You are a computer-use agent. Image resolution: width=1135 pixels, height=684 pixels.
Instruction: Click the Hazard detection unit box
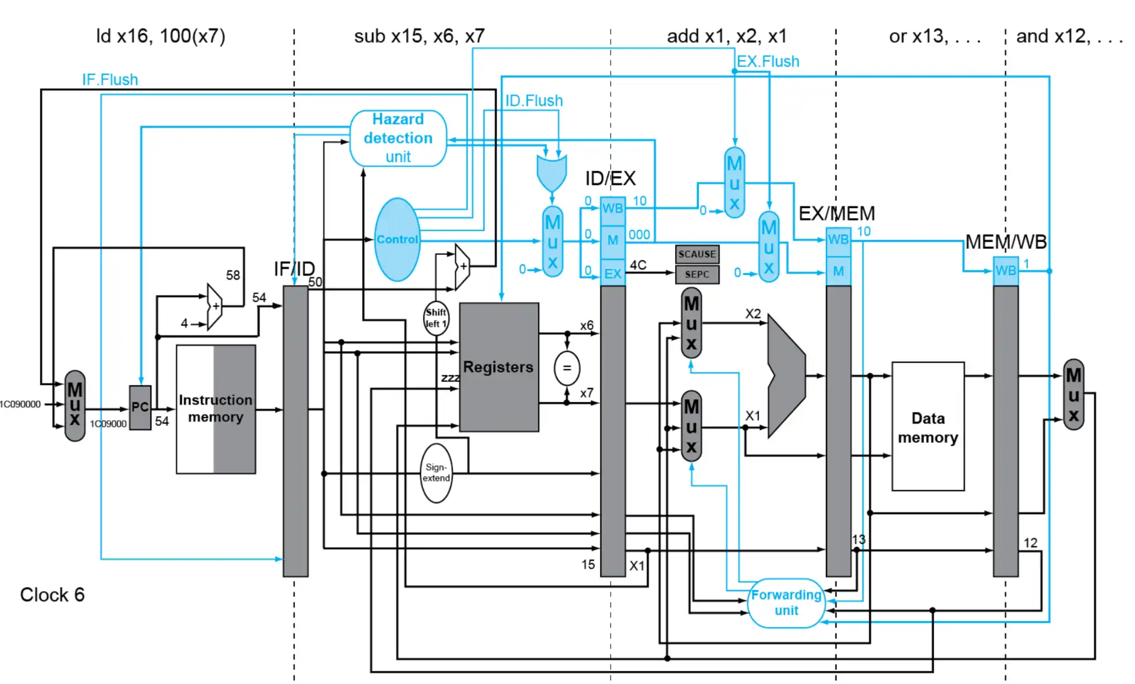[398, 138]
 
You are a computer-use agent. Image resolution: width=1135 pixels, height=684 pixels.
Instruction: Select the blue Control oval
[397, 239]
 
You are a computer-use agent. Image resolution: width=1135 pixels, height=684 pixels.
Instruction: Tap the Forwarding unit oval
[786, 602]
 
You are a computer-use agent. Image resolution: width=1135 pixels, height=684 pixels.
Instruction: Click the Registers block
[498, 367]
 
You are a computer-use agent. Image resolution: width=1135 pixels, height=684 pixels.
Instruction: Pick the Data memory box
[928, 427]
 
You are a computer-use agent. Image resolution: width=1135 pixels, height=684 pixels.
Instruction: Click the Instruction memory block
[216, 409]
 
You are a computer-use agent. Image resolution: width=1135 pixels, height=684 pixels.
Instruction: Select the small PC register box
[140, 407]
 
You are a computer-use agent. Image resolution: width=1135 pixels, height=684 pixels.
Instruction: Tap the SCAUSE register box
[697, 254]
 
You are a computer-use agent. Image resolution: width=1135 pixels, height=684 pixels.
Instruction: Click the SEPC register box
[697, 274]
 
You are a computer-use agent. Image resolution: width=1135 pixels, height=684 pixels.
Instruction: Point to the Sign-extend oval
[436, 473]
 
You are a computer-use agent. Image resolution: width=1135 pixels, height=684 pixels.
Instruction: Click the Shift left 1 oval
[436, 318]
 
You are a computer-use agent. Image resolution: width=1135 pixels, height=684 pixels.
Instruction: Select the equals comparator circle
[566, 368]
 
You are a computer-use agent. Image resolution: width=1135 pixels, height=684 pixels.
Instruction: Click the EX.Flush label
[767, 61]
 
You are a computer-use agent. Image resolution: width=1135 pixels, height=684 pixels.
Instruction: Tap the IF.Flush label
[110, 80]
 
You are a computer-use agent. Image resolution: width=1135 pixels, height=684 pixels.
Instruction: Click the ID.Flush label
[533, 101]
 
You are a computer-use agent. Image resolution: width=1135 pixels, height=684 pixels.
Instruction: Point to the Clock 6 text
[52, 595]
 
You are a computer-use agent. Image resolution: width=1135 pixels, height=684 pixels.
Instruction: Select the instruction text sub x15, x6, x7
[419, 37]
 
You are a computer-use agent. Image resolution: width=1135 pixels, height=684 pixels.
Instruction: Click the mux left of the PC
[75, 406]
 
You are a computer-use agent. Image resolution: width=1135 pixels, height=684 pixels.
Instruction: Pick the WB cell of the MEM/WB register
[1005, 271]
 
